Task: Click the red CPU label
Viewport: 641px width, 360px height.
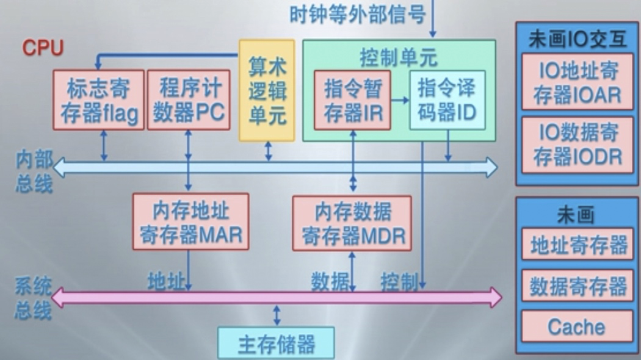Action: (x=43, y=48)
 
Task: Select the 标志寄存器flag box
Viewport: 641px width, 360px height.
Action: (x=99, y=99)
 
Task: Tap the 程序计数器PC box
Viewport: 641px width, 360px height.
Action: (x=189, y=99)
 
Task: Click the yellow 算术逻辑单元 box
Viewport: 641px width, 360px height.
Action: (x=267, y=91)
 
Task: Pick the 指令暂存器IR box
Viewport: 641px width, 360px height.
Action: (x=352, y=100)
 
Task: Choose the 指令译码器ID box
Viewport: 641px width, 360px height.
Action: (x=447, y=100)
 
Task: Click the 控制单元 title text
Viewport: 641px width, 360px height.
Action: (x=399, y=58)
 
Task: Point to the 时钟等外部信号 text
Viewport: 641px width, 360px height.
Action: (x=357, y=14)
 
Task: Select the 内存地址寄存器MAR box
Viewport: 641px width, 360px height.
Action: (x=190, y=222)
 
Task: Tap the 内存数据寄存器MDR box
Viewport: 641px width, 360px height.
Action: (x=353, y=222)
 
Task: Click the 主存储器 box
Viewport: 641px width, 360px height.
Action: (x=276, y=344)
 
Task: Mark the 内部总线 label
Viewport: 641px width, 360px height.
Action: (x=34, y=173)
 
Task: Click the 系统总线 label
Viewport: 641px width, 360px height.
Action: (x=33, y=299)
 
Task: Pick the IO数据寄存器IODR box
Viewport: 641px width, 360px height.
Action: (x=577, y=145)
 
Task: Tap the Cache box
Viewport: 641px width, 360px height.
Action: (x=576, y=326)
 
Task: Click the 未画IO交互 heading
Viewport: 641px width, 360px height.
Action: (x=577, y=40)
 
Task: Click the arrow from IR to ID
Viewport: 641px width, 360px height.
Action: (x=400, y=99)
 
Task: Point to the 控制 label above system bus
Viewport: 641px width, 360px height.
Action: (x=399, y=281)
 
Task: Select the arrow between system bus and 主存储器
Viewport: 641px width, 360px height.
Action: (x=277, y=315)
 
